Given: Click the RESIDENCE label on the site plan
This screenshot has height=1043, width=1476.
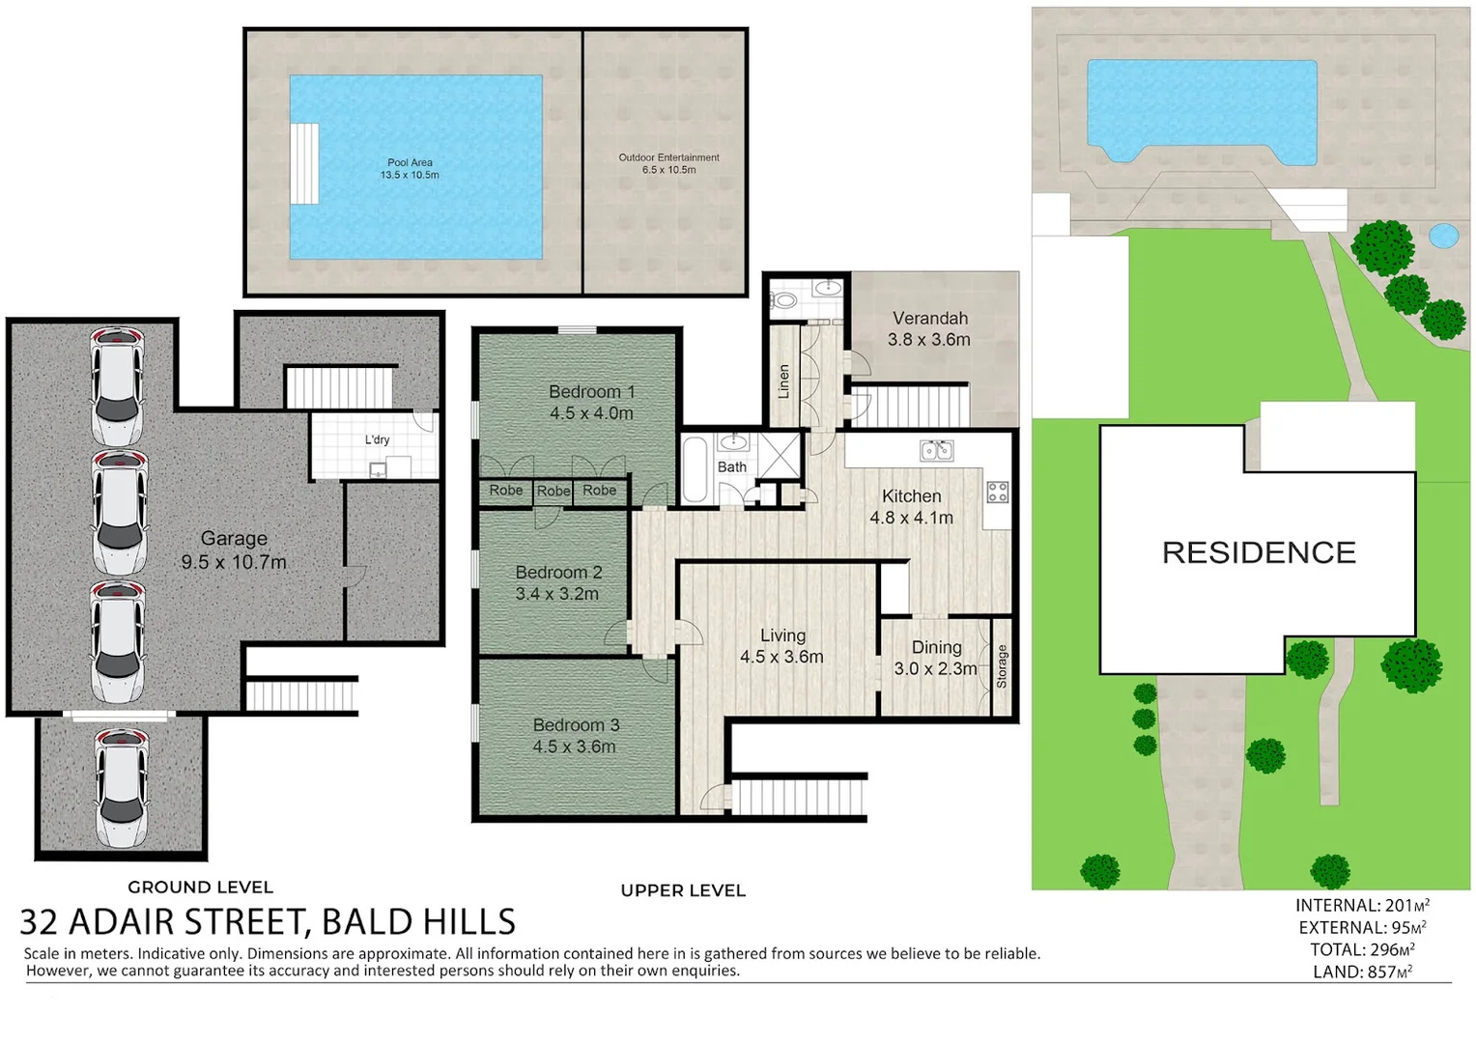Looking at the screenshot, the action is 1259,552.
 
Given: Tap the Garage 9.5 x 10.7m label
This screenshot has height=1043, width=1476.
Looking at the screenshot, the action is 234,550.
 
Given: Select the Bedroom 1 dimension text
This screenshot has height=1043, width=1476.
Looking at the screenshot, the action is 592,413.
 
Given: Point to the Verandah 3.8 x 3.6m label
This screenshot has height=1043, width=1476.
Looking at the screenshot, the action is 929,328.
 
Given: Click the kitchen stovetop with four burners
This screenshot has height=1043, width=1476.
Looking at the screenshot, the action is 997,492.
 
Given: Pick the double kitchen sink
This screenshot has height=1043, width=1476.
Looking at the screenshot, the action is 936,451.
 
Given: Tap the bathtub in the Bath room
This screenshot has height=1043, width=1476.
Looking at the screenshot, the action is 695,469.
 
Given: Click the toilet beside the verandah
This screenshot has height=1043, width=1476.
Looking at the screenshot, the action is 783,301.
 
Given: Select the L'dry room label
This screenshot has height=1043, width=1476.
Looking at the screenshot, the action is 377,439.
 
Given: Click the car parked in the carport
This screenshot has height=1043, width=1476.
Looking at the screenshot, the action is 122,788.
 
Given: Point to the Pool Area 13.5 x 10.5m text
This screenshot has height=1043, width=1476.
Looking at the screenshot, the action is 410,169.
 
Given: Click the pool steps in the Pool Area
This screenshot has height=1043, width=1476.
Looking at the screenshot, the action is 304,163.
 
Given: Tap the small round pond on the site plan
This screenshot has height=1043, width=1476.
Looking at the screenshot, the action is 1443,236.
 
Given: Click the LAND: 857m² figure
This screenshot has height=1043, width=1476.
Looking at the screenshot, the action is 1363,972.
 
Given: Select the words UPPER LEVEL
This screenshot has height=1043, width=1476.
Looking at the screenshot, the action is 683,890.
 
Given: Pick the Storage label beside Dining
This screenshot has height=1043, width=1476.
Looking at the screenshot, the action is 1002,666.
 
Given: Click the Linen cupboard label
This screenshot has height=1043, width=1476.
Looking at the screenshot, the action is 783,381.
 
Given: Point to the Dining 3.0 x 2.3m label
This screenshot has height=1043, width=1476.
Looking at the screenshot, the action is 936,659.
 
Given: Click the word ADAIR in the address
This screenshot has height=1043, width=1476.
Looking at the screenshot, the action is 122,921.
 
